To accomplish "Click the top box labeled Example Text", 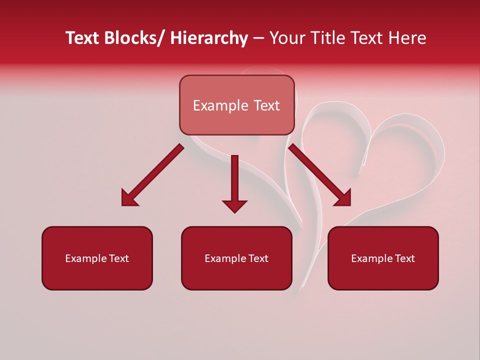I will [236, 105].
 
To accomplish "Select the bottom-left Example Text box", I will [97, 258].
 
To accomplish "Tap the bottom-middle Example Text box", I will [236, 258].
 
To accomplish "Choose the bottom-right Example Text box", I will [383, 258].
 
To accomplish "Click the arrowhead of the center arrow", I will [234, 205].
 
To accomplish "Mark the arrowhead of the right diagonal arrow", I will [343, 198].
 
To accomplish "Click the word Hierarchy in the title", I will [209, 38].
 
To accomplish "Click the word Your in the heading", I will [286, 38].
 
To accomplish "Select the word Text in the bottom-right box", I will [404, 258].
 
